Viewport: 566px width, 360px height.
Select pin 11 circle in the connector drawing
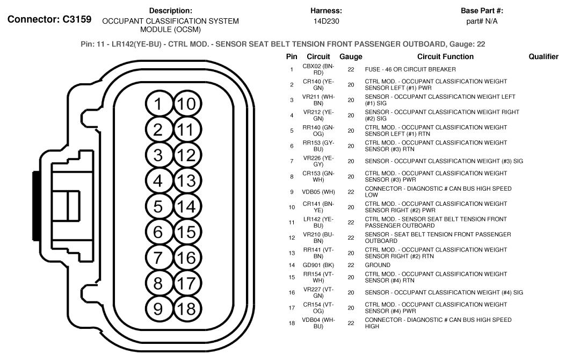point(185,130)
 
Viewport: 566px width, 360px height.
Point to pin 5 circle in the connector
point(158,206)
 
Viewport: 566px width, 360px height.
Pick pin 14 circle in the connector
point(185,206)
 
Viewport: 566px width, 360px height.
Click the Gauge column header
point(351,56)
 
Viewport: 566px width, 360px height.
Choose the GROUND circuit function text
point(377,265)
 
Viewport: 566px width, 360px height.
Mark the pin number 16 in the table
point(292,293)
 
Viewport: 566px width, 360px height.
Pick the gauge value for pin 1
point(351,69)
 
